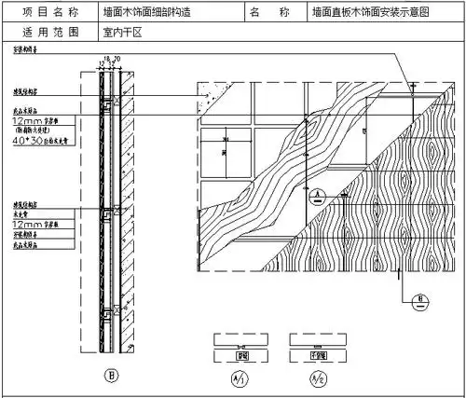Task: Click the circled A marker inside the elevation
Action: click(318, 195)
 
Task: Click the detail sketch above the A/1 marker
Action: click(240, 346)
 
